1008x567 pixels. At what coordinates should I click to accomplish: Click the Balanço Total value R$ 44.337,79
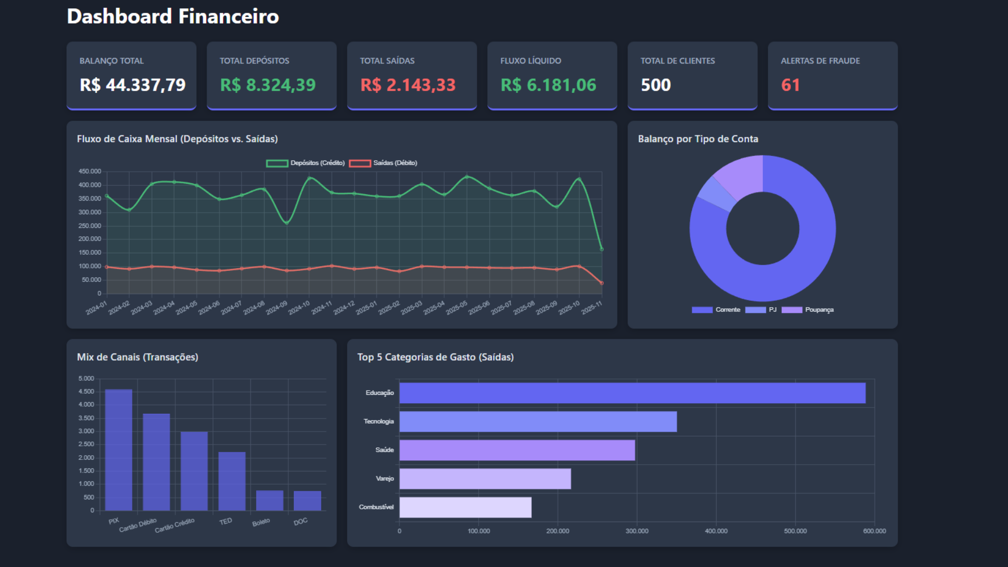(132, 85)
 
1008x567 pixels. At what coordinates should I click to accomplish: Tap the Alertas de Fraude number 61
(790, 85)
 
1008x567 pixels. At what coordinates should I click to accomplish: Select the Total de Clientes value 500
(656, 85)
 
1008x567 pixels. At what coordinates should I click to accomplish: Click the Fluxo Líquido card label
(530, 61)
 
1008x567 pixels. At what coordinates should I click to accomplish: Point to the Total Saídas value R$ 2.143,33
(407, 85)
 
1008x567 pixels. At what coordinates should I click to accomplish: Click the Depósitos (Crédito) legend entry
(306, 163)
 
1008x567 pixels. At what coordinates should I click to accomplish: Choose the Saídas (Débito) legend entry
(383, 163)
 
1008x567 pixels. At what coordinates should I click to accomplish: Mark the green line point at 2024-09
(287, 223)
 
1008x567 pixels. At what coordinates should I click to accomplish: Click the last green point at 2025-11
(602, 249)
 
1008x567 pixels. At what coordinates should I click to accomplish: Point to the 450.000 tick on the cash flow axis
(90, 172)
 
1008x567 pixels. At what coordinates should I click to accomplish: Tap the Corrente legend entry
(716, 310)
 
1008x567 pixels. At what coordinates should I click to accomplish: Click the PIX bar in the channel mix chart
(119, 449)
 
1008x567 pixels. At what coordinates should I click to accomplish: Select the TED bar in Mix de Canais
(232, 481)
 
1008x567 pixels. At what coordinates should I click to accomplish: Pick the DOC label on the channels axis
(300, 521)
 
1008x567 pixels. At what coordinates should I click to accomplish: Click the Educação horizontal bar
(632, 393)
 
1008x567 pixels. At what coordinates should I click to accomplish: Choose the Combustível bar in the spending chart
(465, 507)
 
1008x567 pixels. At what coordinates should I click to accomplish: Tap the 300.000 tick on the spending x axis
(637, 531)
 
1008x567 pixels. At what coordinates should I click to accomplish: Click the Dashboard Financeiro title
(173, 16)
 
